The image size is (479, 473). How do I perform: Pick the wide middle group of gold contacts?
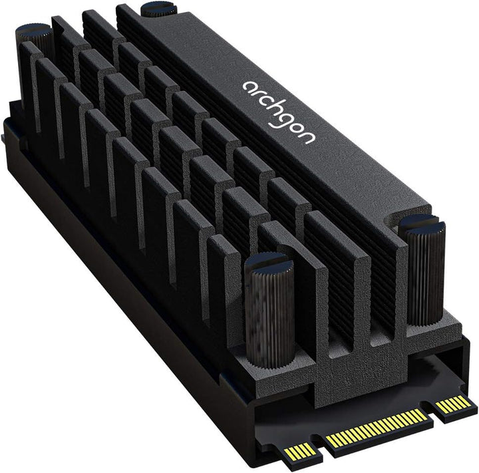pyautogui.click(x=377, y=428)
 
